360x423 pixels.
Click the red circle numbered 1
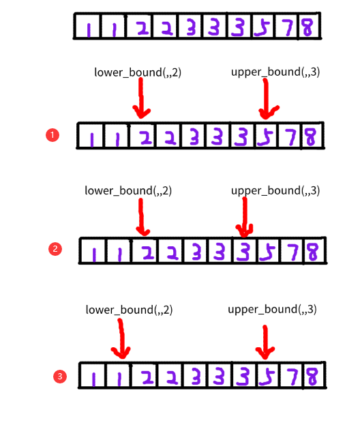[52, 135]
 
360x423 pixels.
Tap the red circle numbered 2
[56, 249]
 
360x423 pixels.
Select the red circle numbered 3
[61, 376]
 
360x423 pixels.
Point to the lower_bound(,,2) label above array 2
[128, 190]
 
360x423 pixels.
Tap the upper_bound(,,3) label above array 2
[275, 190]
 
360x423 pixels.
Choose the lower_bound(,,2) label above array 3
[130, 310]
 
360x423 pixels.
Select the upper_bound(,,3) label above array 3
[272, 310]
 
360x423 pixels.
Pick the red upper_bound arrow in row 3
[265, 339]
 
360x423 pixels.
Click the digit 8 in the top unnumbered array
[307, 28]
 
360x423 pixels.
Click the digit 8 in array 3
[312, 376]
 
